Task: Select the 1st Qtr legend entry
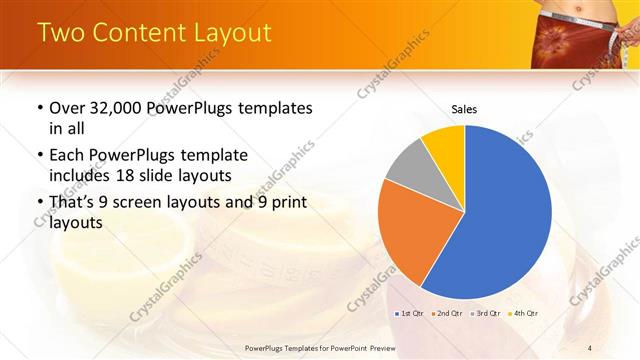[409, 314]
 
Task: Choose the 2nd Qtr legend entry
[448, 314]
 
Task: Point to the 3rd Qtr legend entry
[487, 314]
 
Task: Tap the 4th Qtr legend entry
[525, 314]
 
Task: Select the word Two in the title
[61, 33]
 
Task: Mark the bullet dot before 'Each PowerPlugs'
[39, 156]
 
